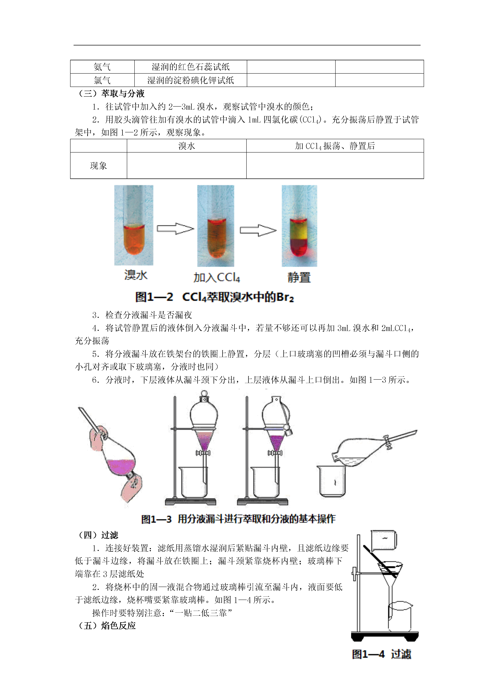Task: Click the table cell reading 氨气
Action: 102,67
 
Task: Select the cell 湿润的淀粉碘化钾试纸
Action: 190,80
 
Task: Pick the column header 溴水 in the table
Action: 187,146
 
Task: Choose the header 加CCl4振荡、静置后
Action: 335,146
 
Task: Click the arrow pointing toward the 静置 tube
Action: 258,230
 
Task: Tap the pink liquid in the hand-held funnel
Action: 121,467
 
